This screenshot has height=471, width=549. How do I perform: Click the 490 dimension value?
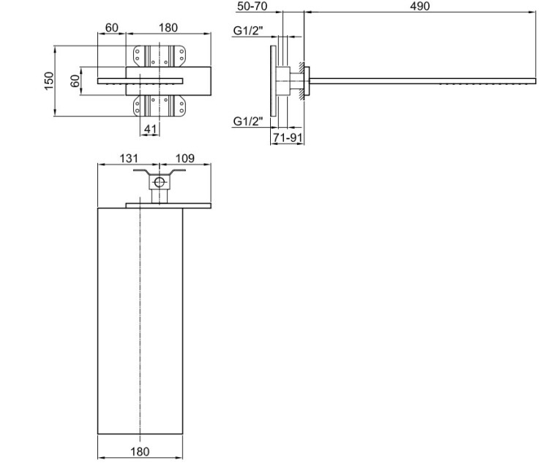pos(420,6)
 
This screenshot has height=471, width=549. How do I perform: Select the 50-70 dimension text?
pos(252,6)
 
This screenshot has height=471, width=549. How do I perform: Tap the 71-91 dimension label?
pos(288,137)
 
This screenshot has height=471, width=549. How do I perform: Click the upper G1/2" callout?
pos(248,31)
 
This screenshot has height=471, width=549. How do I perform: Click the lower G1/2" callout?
pos(248,121)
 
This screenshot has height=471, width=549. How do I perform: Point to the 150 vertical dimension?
pos(49,81)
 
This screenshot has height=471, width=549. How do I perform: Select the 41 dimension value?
pos(150,129)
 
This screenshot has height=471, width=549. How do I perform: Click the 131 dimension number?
pos(129,158)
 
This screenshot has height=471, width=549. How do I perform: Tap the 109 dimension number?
pos(184,158)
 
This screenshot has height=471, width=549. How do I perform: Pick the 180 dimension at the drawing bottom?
pos(140,451)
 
